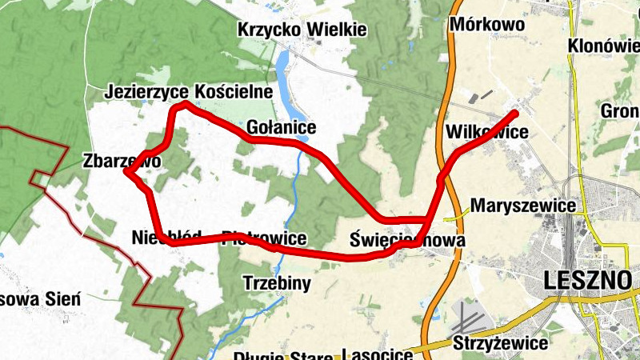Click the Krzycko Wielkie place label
[302, 30]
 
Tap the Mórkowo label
[487, 24]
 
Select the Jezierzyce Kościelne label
[189, 92]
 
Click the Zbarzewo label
[122, 161]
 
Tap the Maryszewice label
[523, 206]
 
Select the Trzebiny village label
[276, 282]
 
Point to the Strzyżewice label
[500, 343]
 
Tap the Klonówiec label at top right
[604, 46]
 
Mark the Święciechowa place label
[407, 239]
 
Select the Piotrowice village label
[264, 238]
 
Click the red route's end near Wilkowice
[516, 113]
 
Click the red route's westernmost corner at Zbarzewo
[126, 171]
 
